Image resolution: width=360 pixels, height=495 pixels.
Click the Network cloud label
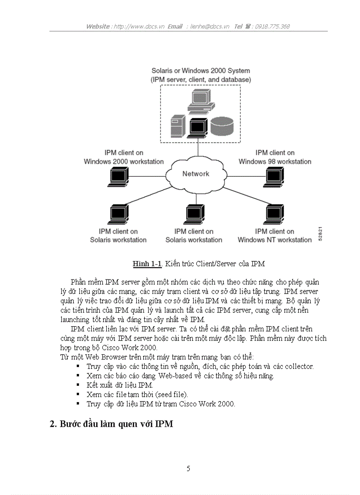195,174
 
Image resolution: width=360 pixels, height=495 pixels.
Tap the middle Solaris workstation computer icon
194,214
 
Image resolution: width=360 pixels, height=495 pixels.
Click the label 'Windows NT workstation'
274,240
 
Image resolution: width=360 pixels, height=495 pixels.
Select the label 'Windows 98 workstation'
275,161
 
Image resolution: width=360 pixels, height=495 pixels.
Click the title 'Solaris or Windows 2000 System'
200,71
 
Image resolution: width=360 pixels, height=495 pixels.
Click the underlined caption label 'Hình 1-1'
147,264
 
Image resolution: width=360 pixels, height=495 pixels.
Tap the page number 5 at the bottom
188,469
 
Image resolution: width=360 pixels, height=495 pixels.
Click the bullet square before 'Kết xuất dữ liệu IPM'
78,384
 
